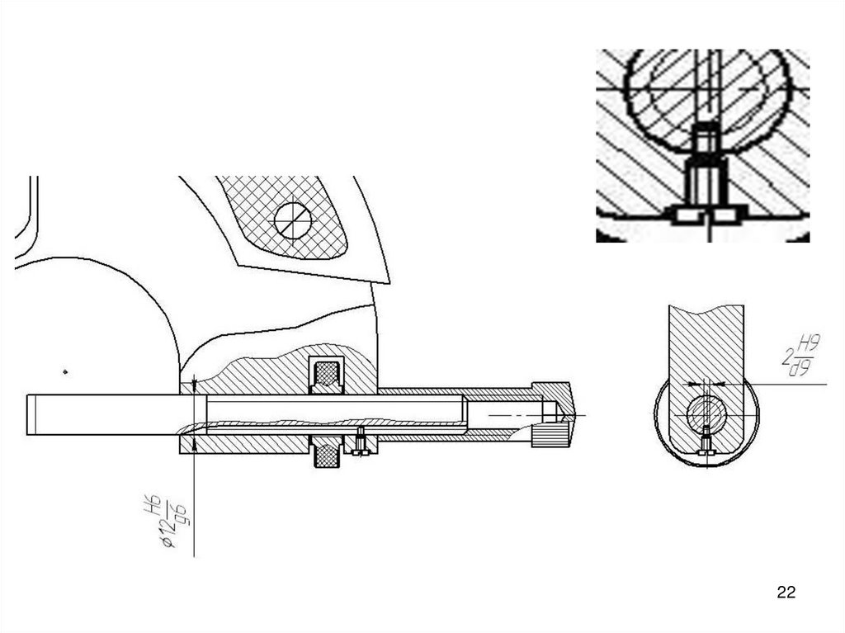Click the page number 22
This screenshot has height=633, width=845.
coord(786,592)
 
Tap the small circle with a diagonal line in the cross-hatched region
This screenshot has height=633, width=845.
coord(292,220)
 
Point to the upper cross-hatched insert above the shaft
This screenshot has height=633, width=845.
coord(328,376)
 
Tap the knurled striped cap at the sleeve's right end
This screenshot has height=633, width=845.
coord(550,434)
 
